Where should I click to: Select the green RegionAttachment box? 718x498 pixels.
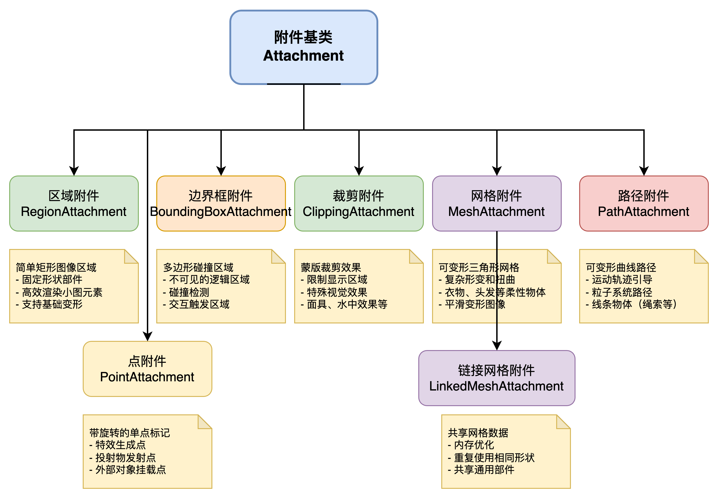[74, 204]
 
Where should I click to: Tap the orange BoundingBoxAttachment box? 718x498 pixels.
[221, 204]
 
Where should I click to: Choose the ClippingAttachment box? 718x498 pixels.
[359, 204]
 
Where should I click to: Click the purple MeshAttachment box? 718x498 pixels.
[496, 204]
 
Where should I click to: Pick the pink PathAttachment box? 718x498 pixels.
[643, 204]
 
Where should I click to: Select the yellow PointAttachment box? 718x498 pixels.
[147, 369]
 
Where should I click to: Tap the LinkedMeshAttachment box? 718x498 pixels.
[496, 378]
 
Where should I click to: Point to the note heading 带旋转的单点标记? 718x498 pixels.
[130, 433]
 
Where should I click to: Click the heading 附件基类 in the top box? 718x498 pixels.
[303, 37]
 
